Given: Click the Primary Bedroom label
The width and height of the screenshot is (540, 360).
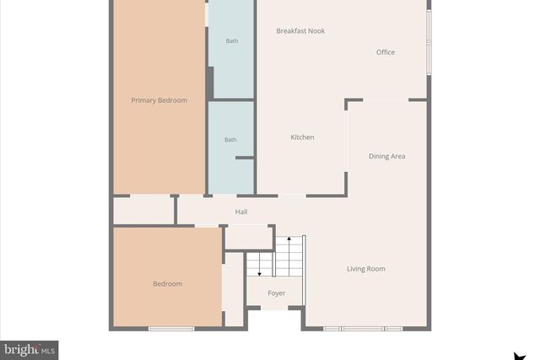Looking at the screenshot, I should click(x=159, y=100).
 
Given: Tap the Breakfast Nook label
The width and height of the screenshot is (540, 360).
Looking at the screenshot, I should click(x=300, y=31).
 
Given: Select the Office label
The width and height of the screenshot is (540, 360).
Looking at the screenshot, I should click(x=386, y=52).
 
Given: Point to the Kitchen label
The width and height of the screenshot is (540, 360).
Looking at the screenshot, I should click(x=302, y=137).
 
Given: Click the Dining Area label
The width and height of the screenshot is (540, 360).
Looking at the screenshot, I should click(x=387, y=156).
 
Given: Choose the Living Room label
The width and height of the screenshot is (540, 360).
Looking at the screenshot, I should click(x=366, y=269).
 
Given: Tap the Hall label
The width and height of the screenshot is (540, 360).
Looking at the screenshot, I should click(x=241, y=212).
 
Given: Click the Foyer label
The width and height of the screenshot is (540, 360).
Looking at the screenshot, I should click(x=277, y=293).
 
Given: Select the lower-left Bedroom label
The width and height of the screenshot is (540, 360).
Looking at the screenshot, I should click(x=167, y=284).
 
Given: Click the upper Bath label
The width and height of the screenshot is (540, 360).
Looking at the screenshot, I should click(x=231, y=41).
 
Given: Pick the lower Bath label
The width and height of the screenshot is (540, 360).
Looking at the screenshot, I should click(x=230, y=140).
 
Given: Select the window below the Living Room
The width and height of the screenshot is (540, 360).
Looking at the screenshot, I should click(x=354, y=328).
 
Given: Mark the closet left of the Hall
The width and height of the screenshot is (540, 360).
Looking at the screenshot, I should click(x=143, y=211).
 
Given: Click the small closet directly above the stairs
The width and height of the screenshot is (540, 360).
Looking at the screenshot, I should click(x=249, y=238).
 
